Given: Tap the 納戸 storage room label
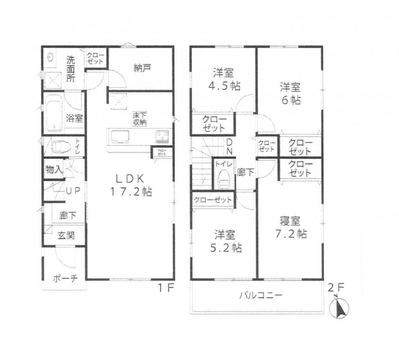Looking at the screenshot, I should tap(142, 68).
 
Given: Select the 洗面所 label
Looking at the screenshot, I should tap(70, 69).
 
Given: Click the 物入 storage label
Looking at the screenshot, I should tap(54, 170).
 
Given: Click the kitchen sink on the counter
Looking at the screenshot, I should tap(119, 136).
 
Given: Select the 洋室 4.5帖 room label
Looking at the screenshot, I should tap(223, 77).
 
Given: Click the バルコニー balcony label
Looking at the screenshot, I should tap(260, 295).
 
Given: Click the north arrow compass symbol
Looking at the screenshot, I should tap(340, 307).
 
